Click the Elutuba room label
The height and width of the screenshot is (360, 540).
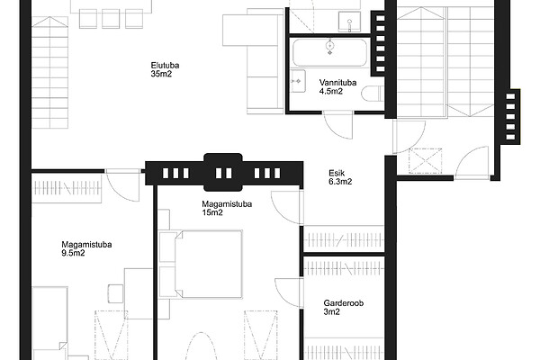click(165, 65)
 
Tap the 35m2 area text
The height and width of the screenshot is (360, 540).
click(161, 74)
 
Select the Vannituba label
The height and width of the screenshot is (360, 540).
click(337, 83)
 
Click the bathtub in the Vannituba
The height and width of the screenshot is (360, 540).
click(330, 52)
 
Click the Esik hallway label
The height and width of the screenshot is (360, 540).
click(337, 173)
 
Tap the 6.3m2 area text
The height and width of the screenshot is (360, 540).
click(340, 182)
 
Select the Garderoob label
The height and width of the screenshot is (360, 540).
click(344, 303)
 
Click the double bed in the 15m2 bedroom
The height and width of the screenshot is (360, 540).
click(208, 264)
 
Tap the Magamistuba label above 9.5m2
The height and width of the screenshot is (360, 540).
click(86, 245)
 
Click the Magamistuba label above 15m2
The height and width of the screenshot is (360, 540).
click(227, 204)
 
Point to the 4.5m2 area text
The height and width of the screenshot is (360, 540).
click(331, 91)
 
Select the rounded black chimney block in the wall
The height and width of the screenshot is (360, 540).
click(223, 172)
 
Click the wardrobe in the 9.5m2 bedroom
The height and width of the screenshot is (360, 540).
click(67, 188)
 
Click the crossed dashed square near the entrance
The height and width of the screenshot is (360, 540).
click(426, 160)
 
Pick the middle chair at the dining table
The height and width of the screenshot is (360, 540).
click(111, 19)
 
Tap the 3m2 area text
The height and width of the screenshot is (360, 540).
click(331, 311)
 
